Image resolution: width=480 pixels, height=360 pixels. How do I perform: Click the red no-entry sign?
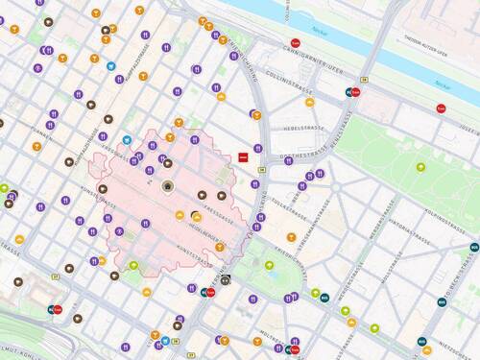coord(244,156)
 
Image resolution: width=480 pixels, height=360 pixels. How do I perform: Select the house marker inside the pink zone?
coord(168,186)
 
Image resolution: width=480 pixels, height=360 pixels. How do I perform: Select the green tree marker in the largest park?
coord(420,167)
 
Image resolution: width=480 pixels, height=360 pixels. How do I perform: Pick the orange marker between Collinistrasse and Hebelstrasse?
coord(256,115)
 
